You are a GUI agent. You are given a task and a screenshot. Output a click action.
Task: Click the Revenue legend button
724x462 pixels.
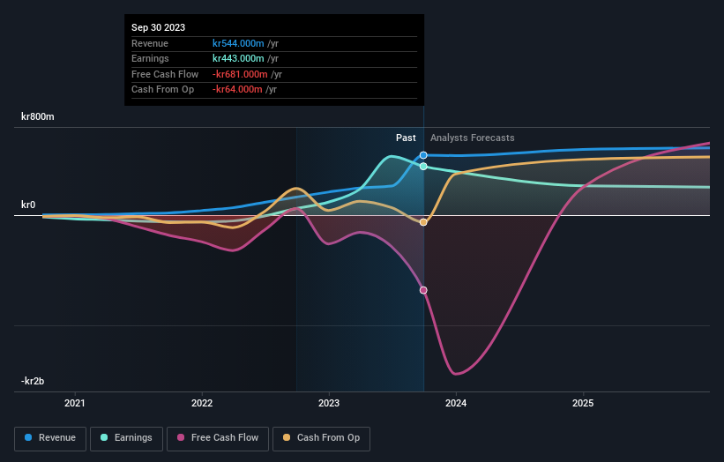[50, 437]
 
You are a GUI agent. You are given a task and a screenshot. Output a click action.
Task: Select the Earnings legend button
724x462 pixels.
[126, 437]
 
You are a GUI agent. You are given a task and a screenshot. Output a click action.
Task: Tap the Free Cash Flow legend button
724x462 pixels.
[217, 437]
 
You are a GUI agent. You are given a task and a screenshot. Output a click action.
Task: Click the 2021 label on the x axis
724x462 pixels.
[76, 404]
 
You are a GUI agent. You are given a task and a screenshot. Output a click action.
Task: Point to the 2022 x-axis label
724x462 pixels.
[202, 404]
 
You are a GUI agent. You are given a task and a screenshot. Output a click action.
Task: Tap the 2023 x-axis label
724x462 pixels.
[329, 404]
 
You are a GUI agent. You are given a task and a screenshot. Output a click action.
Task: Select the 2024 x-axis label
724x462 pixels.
[456, 404]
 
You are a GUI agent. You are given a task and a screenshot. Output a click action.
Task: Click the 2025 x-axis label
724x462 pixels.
[582, 404]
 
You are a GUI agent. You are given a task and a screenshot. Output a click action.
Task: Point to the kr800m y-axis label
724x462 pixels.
[38, 116]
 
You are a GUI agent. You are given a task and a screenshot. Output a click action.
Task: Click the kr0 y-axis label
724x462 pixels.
[29, 205]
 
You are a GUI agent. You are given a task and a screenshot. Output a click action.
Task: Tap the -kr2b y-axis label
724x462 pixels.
[34, 381]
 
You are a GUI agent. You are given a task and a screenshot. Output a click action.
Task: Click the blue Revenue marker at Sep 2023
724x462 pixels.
[423, 155]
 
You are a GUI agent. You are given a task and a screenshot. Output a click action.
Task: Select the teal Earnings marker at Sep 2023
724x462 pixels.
[423, 166]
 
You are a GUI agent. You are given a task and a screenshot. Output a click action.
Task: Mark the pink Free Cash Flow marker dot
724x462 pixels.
[423, 290]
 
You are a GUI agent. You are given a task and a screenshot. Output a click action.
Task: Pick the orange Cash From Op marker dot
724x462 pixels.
[423, 222]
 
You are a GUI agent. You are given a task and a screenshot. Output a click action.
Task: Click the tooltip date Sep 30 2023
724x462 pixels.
[159, 28]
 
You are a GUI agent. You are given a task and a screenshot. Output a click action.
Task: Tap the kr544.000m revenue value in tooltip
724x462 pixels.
[239, 43]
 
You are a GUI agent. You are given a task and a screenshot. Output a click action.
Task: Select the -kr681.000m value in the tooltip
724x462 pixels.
[241, 74]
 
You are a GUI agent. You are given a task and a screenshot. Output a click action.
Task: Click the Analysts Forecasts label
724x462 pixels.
[472, 138]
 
